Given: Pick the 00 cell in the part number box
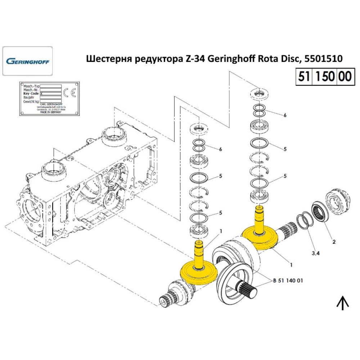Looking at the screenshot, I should click(x=345, y=77).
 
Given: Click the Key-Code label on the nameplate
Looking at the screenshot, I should click(x=31, y=94).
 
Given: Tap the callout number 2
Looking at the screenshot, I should click(x=334, y=242).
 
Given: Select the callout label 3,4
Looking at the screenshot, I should click(x=316, y=253).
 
